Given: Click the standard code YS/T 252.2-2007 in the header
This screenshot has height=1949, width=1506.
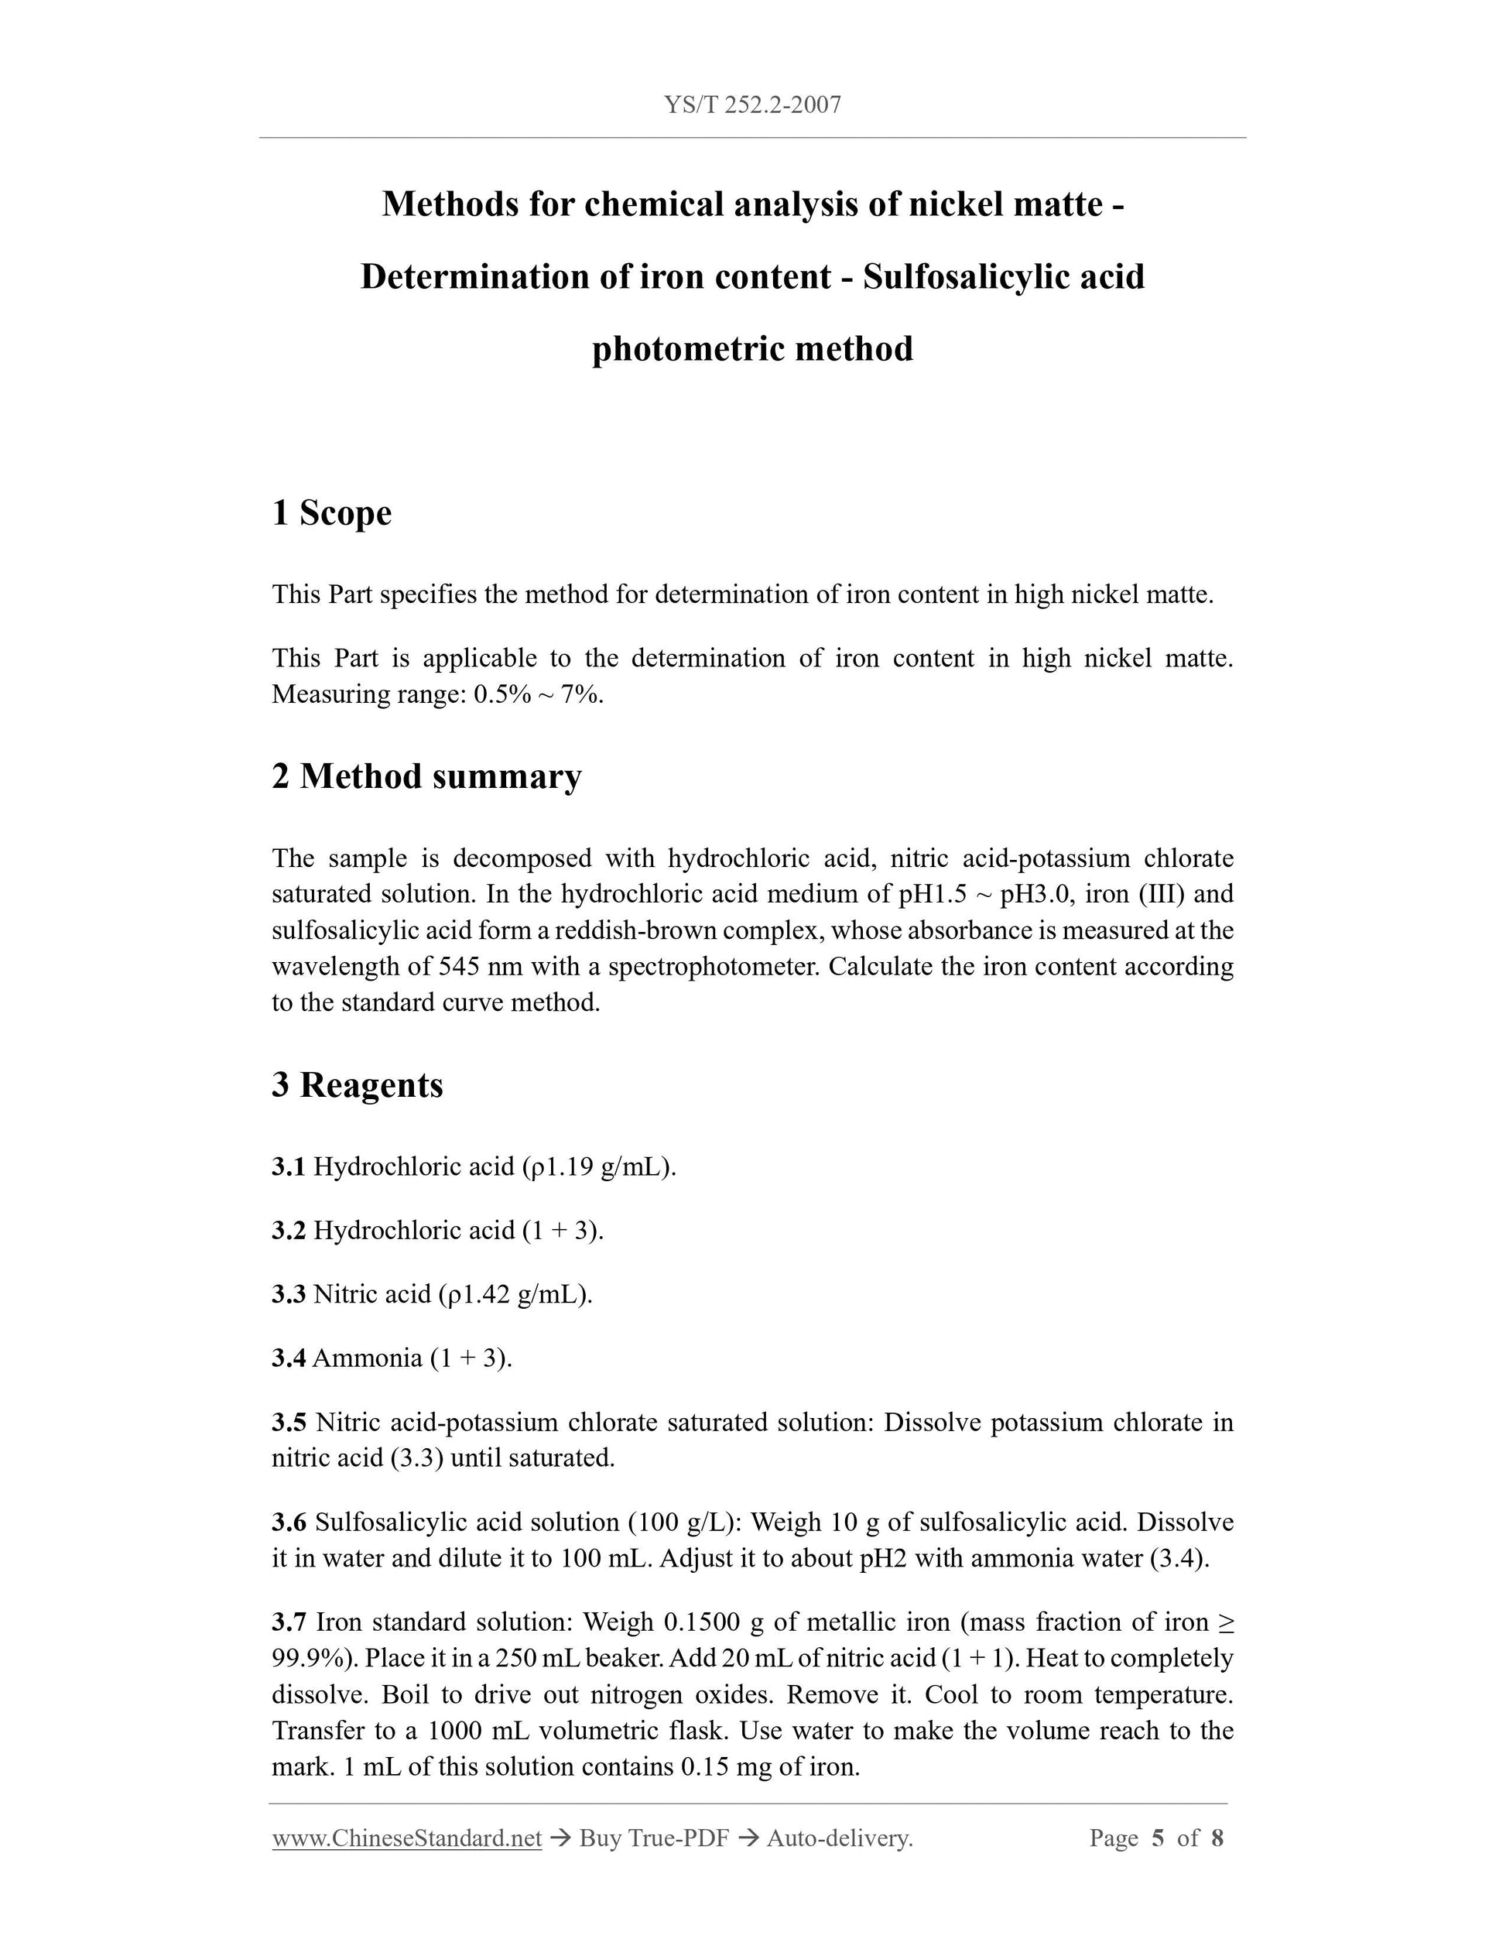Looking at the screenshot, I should click(752, 105).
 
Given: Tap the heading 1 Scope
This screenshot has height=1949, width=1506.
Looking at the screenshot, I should click(331, 513).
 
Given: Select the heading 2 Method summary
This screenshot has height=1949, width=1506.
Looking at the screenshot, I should click(426, 776).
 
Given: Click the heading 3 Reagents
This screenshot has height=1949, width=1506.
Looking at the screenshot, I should click(357, 1085).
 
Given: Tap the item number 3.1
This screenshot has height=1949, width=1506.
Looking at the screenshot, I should click(288, 1166).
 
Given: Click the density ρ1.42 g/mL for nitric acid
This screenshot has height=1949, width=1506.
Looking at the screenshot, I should click(515, 1294).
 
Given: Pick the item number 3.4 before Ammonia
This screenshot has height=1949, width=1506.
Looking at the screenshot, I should click(288, 1358).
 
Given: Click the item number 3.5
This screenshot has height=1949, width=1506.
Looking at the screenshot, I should click(288, 1423).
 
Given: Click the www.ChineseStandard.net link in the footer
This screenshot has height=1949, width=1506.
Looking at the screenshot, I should click(407, 1838).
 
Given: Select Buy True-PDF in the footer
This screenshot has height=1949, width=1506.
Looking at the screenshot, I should click(653, 1838).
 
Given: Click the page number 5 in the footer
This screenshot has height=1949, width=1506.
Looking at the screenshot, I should click(1158, 1838).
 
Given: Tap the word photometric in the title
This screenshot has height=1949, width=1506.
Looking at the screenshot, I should click(688, 349).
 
